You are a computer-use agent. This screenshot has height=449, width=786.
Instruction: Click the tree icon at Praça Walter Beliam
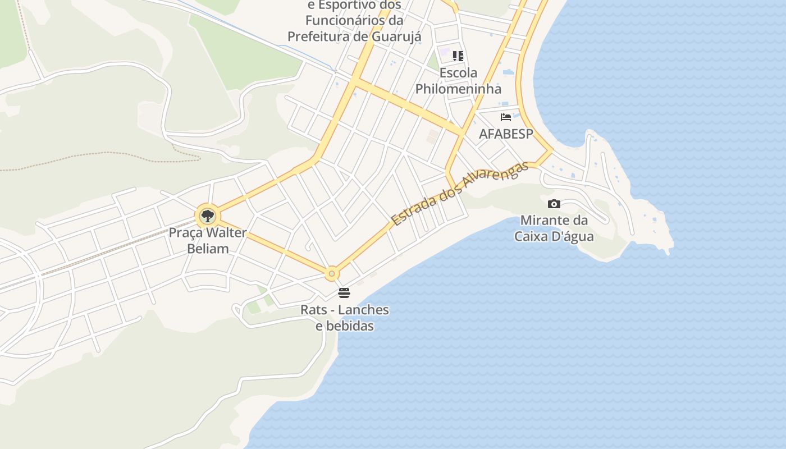click(208, 216)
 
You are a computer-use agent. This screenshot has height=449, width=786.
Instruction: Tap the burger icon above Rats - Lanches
click(344, 293)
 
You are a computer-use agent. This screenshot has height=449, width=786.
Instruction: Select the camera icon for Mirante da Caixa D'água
click(554, 204)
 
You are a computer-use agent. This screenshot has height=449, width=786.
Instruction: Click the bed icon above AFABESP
click(506, 117)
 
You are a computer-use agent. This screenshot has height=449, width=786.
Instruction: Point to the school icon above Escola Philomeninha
click(458, 56)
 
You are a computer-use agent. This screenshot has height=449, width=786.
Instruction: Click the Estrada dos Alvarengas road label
click(460, 193)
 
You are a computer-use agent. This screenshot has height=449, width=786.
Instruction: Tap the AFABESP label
click(505, 134)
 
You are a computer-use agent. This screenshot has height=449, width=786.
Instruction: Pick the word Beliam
click(208, 248)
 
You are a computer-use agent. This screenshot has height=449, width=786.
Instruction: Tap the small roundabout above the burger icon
click(332, 274)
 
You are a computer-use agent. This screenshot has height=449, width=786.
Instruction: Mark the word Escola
click(458, 73)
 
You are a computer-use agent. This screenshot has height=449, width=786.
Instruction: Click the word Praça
click(188, 232)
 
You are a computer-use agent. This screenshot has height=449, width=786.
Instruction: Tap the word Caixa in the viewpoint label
click(533, 236)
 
